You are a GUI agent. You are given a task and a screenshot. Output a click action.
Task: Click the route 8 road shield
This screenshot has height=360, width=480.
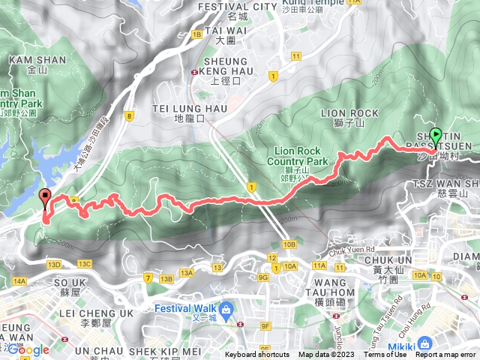pyautogui.click(x=130, y=115)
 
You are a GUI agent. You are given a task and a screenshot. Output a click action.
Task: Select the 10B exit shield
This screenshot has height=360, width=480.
pyautogui.click(x=289, y=244)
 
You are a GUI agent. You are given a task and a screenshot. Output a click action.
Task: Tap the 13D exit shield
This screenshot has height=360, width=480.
pyautogui.click(x=54, y=264)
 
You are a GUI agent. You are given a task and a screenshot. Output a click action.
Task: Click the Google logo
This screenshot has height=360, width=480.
pyautogui.click(x=28, y=349)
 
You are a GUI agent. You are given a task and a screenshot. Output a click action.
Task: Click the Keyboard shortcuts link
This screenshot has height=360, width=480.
pyautogui.click(x=257, y=355)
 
